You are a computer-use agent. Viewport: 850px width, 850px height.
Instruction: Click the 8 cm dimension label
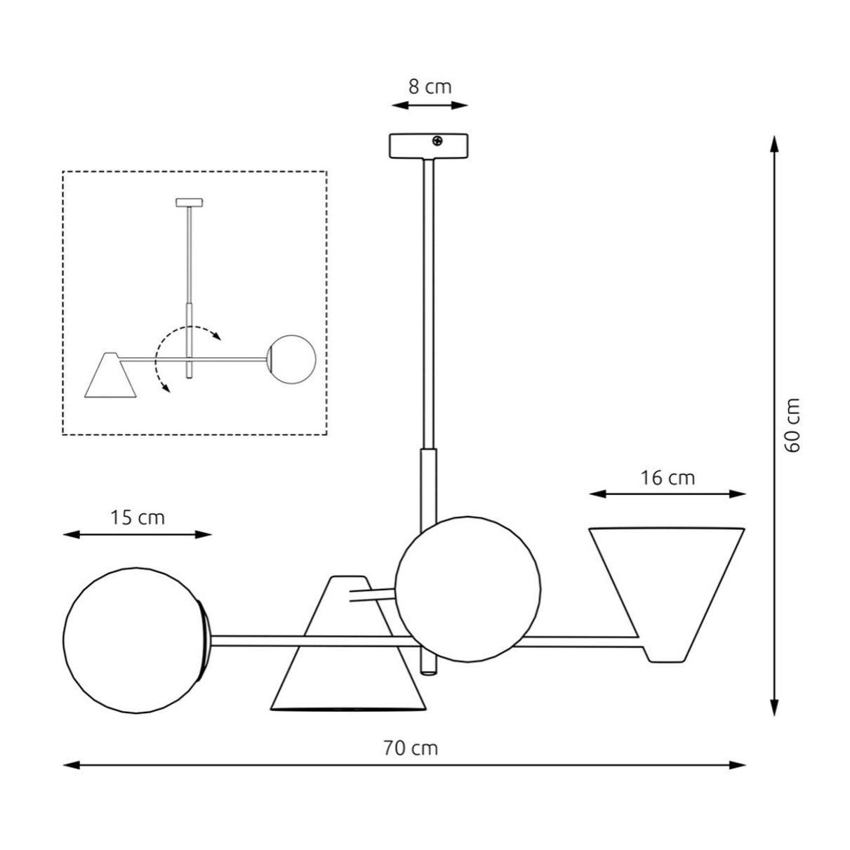(x=430, y=87)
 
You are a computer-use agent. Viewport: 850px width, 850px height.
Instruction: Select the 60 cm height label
(x=792, y=425)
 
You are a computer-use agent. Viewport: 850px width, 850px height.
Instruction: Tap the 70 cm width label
(x=410, y=748)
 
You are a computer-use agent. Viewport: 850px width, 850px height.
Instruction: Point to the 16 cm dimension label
(x=668, y=478)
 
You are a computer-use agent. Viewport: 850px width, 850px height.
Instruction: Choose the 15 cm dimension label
(x=137, y=517)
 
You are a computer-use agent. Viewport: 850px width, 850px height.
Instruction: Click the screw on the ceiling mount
(x=437, y=141)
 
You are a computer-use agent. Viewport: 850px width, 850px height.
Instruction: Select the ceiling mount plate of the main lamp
(x=428, y=146)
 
